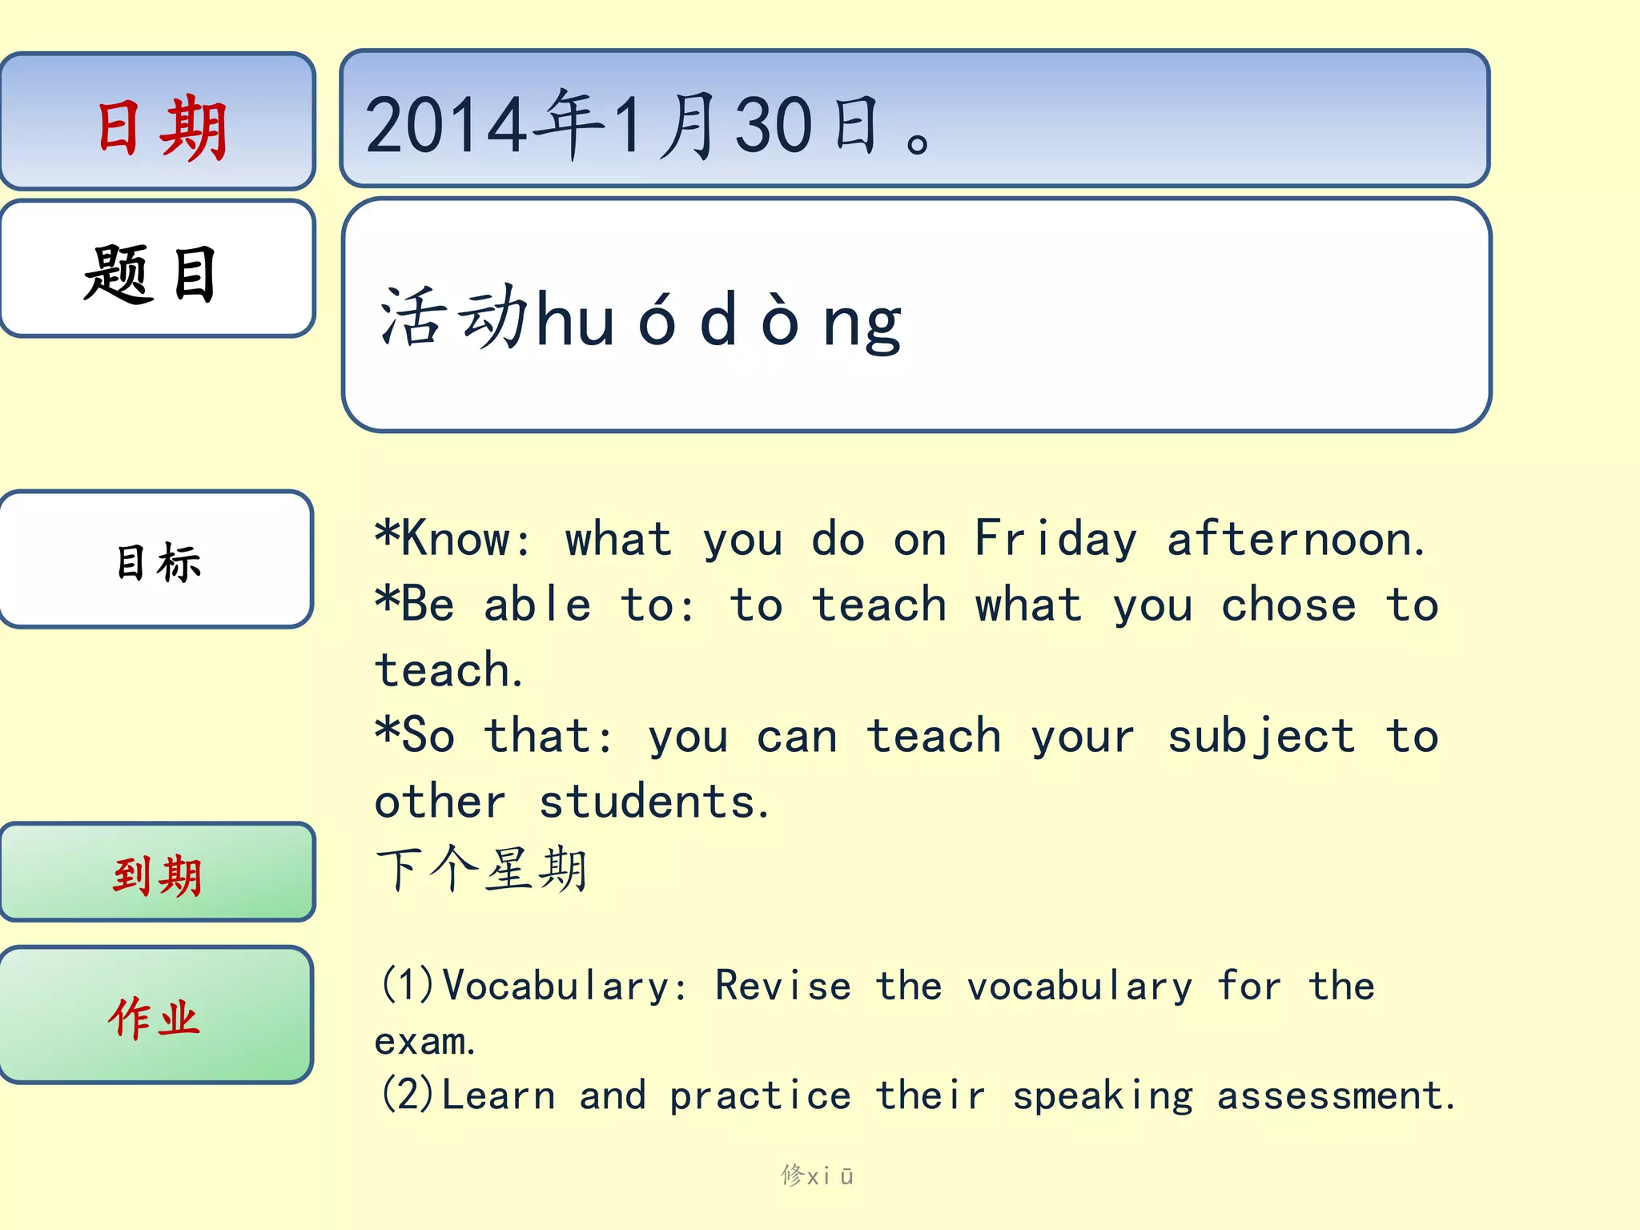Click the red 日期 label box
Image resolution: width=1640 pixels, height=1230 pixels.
[x=158, y=122]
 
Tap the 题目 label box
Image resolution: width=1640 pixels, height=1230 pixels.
[x=158, y=269]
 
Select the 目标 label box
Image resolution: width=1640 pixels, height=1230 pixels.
[x=157, y=560]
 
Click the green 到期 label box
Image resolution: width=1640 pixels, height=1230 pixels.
[x=158, y=873]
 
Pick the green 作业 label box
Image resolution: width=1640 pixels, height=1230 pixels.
[x=156, y=1015]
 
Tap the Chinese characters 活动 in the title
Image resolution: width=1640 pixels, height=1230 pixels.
[x=453, y=319]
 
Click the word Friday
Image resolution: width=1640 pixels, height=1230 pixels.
[x=1055, y=539]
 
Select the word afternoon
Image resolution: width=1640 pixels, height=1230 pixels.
[x=1296, y=539]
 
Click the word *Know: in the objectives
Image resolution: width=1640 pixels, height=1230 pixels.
[x=453, y=539]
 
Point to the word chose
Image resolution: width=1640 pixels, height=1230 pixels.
[x=1288, y=605]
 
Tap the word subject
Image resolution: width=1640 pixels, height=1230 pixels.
[x=1261, y=737]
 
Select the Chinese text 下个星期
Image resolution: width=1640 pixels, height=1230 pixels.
[x=482, y=869]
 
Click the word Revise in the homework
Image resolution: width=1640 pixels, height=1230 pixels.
[x=782, y=986]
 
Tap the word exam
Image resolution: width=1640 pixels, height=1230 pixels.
[x=425, y=1042]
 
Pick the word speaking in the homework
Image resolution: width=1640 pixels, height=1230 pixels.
[x=1103, y=1096]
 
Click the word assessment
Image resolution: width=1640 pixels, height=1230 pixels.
[x=1335, y=1096]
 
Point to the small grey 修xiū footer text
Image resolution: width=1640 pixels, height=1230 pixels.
[x=818, y=1176]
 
